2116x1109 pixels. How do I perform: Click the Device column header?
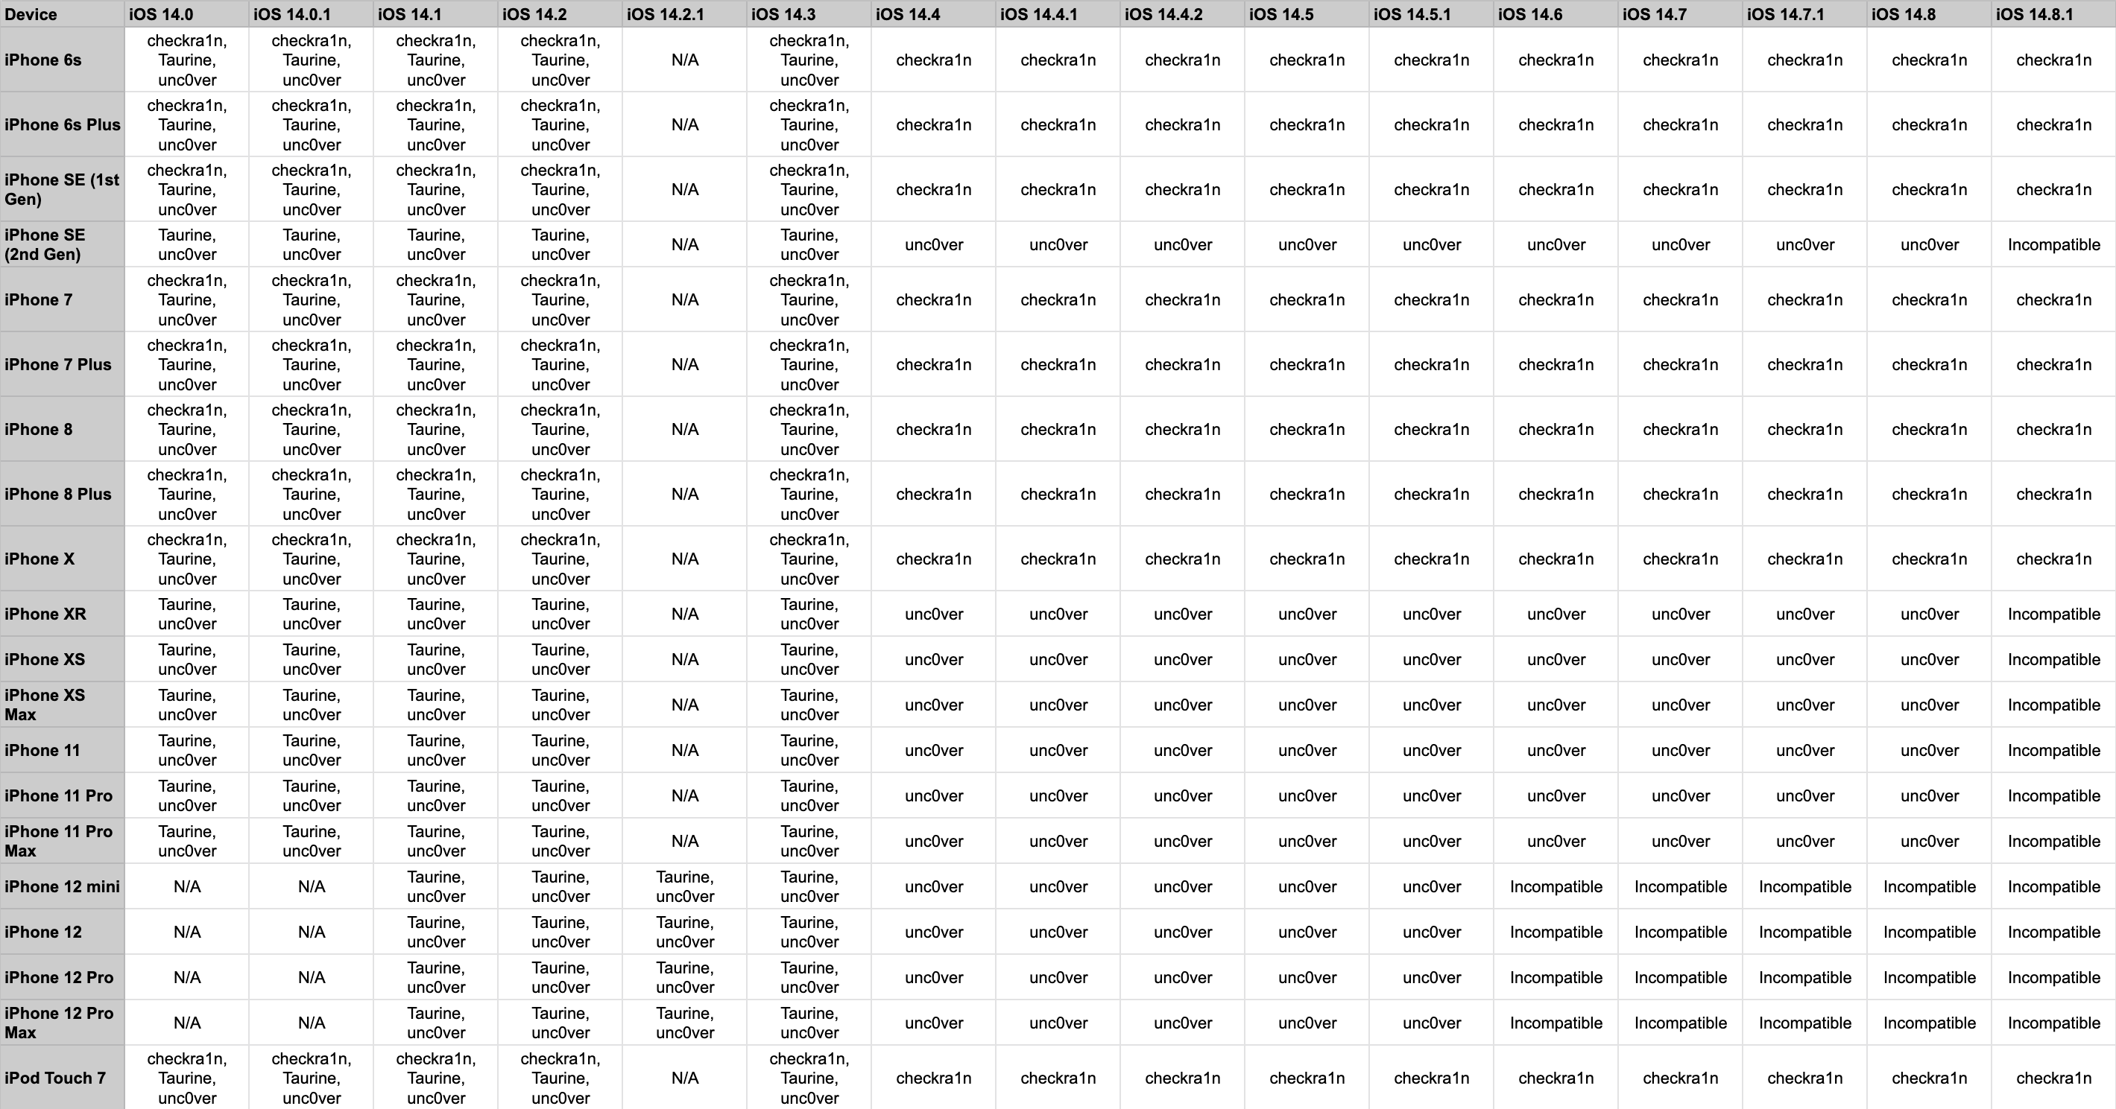click(x=31, y=14)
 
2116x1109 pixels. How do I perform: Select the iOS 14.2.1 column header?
click(x=666, y=14)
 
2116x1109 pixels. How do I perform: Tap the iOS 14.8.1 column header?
click(x=2034, y=14)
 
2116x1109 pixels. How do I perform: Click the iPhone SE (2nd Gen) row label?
click(x=45, y=244)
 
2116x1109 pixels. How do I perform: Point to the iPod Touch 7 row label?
click(x=55, y=1078)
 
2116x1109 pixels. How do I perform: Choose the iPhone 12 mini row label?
click(x=62, y=886)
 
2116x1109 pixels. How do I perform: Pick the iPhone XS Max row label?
click(x=45, y=705)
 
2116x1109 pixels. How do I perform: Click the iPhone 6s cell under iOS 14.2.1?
click(x=684, y=60)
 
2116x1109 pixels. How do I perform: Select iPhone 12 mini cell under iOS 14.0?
click(x=187, y=886)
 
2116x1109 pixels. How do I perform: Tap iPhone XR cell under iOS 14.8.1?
click(x=2053, y=614)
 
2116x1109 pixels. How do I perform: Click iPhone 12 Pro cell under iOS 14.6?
click(x=1556, y=978)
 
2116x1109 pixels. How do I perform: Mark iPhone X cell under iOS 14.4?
click(x=933, y=559)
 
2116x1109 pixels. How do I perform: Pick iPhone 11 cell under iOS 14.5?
click(x=1307, y=750)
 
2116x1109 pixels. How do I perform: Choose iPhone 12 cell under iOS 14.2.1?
click(x=684, y=932)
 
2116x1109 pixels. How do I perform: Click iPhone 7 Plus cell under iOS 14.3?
click(x=809, y=364)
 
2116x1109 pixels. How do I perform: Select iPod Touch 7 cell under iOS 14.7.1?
click(x=1804, y=1078)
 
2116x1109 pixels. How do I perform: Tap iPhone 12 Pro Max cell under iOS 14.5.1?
click(x=1432, y=1023)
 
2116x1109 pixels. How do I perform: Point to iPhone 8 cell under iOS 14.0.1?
click(x=312, y=429)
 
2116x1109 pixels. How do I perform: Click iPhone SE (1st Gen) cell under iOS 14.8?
click(x=1930, y=190)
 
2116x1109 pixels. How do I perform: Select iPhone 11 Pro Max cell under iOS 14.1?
click(x=436, y=842)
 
